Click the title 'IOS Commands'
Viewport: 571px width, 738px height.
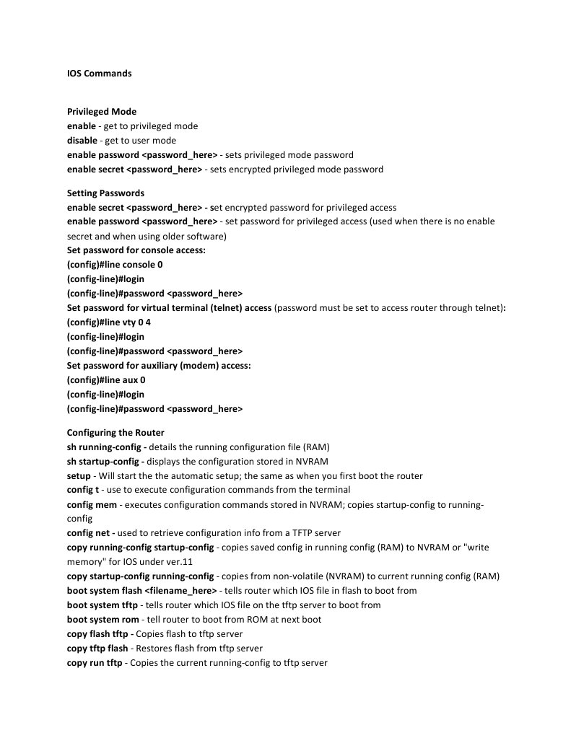(x=99, y=74)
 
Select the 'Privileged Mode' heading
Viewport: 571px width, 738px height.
(x=102, y=112)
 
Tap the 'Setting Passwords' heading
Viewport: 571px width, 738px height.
(x=105, y=193)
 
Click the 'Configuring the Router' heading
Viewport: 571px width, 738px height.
(x=115, y=433)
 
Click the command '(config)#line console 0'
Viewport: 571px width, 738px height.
(x=115, y=265)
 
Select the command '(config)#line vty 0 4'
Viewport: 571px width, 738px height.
(x=109, y=322)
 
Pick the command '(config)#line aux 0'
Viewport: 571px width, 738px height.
(x=106, y=380)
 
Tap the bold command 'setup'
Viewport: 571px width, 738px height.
(x=79, y=476)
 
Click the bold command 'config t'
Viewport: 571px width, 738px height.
(x=83, y=491)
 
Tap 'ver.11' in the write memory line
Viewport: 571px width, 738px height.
(x=178, y=562)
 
